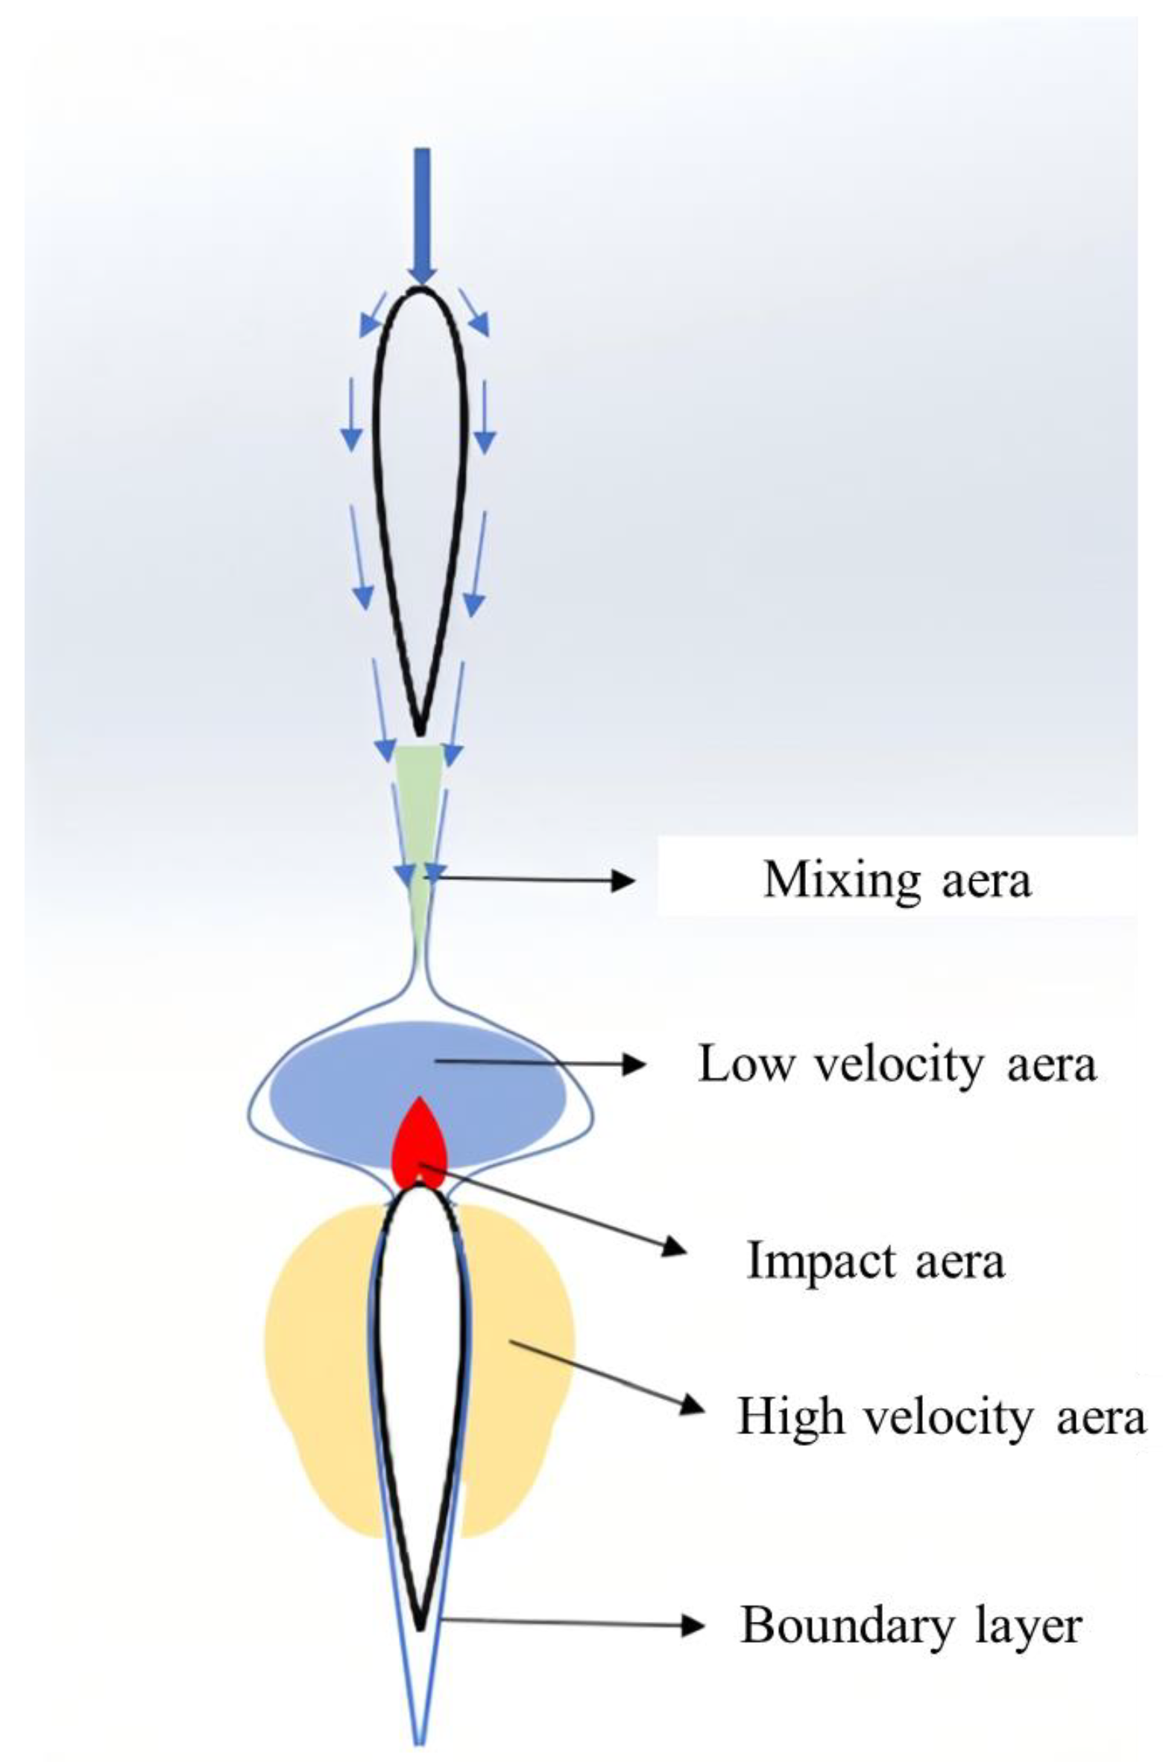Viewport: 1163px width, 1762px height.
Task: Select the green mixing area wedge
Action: (x=419, y=805)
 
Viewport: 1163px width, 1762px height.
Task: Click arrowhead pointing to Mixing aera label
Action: (x=625, y=881)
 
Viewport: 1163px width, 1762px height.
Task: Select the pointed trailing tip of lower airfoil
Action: (x=420, y=1626)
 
